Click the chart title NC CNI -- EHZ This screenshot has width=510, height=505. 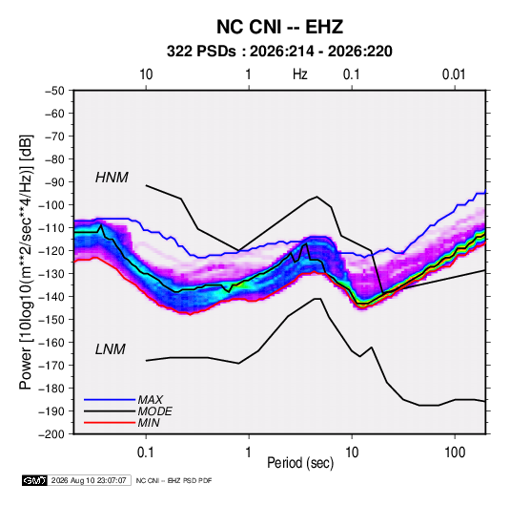coord(279,27)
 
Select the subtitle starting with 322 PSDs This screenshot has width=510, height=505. coord(279,52)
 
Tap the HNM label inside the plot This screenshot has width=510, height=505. coord(112,178)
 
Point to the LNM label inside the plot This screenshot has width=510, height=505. coord(111,349)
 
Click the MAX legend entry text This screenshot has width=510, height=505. coord(151,399)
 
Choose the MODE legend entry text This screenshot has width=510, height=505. coord(154,411)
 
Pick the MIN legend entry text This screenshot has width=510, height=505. coord(149,423)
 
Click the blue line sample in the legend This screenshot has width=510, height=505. coord(110,400)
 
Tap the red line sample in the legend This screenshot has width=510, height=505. coord(110,423)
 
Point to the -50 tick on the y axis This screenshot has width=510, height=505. coord(54,91)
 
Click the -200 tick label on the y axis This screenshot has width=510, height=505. coord(51,434)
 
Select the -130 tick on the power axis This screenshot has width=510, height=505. coord(51,274)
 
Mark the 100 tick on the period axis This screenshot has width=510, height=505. coord(455,452)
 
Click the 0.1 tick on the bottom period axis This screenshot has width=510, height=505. coord(146,452)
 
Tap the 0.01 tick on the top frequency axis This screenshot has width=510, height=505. coord(454,74)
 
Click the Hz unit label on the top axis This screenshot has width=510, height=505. coord(300,74)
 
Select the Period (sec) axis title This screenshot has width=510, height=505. coord(300,463)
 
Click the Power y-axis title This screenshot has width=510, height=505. coord(26,263)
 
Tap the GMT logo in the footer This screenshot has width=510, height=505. coord(35,480)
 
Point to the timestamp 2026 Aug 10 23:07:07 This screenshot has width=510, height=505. coord(89,480)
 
